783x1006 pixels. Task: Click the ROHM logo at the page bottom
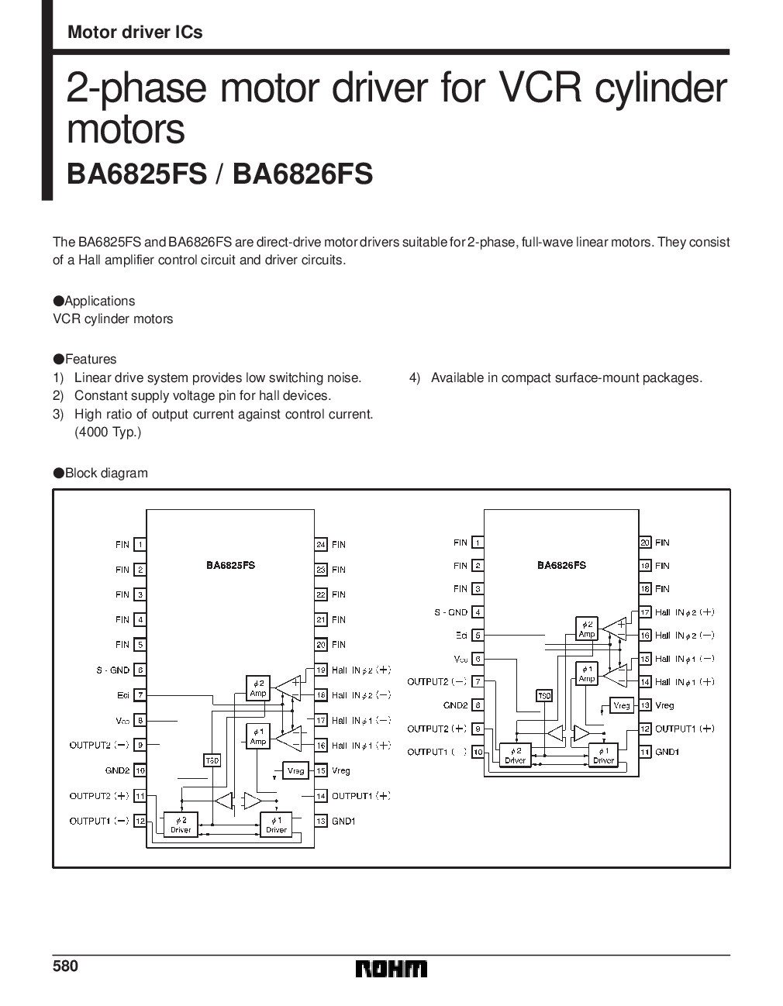(391, 969)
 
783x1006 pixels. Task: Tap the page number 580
(65, 966)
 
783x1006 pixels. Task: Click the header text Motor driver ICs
(135, 32)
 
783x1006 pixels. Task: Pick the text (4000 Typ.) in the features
(108, 432)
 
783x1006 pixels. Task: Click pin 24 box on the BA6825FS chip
(320, 545)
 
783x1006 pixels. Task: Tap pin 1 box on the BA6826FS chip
(478, 543)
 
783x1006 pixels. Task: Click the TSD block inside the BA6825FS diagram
(212, 761)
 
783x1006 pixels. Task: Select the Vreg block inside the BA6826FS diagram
(622, 705)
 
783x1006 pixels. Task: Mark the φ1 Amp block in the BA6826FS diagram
(587, 674)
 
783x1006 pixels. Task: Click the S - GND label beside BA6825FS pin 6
(113, 670)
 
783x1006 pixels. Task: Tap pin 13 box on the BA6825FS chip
(320, 821)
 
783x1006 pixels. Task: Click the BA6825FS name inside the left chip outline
(230, 565)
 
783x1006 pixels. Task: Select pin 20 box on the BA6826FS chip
(645, 543)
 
